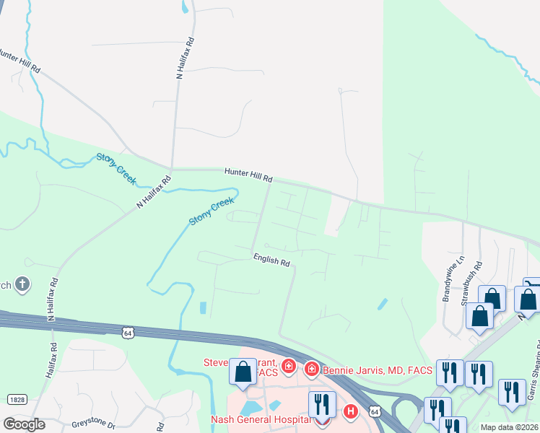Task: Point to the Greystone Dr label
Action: [93, 426]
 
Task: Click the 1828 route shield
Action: [17, 399]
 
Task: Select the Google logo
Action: [24, 424]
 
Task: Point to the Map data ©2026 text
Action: [510, 427]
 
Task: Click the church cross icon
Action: [22, 284]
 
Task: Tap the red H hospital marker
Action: [351, 412]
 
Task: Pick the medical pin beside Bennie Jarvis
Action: [312, 369]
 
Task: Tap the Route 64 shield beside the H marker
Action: [373, 411]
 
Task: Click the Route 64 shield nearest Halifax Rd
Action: [128, 332]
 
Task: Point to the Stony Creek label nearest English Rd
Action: [212, 211]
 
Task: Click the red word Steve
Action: [217, 363]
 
